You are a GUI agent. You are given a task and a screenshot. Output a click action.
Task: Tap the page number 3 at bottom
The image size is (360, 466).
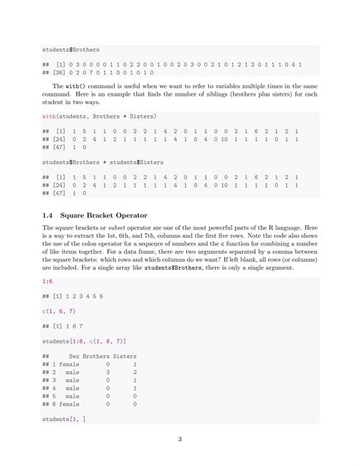click(x=180, y=439)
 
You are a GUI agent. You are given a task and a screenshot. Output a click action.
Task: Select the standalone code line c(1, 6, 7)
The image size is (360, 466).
click(x=60, y=312)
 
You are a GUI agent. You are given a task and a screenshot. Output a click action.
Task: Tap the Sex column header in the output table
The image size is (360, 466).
click(x=74, y=356)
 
